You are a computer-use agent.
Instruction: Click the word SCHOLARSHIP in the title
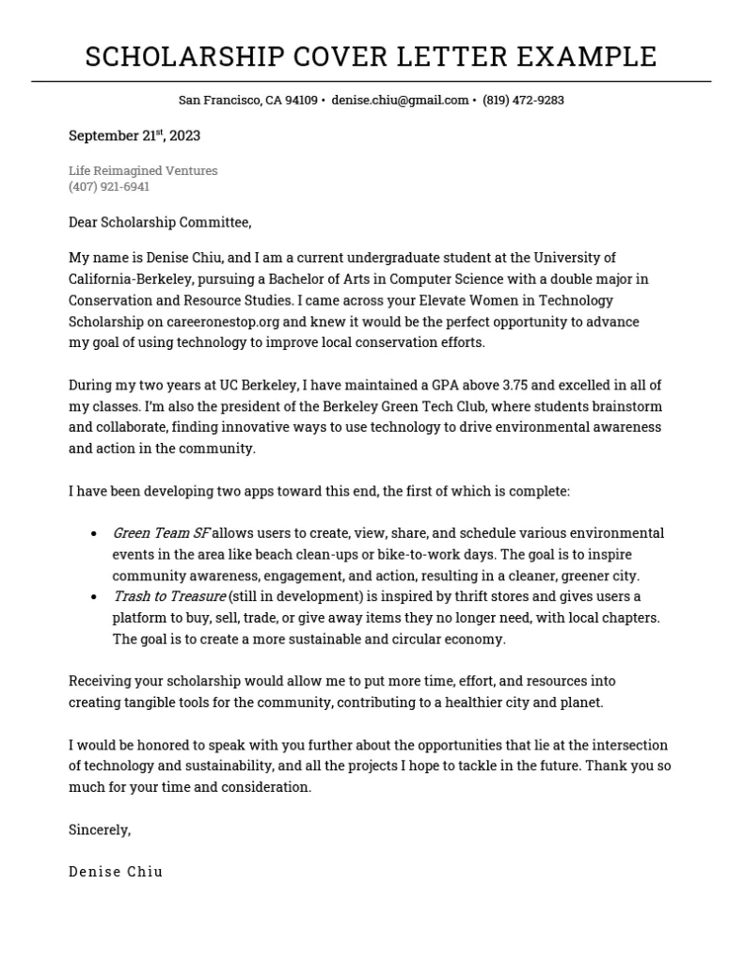point(183,56)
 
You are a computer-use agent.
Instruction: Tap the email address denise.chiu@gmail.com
point(400,101)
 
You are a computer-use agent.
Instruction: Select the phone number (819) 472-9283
point(523,101)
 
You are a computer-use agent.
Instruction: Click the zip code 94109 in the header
point(301,101)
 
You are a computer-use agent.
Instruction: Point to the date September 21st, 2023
point(135,136)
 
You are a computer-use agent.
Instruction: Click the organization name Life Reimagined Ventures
point(143,171)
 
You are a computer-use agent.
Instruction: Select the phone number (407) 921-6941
point(109,187)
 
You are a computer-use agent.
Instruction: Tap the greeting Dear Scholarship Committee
point(160,223)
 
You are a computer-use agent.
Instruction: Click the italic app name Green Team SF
point(161,533)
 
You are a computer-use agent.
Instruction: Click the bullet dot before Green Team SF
point(94,534)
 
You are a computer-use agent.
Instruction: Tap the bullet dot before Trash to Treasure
point(94,598)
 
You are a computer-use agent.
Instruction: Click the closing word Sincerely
point(99,830)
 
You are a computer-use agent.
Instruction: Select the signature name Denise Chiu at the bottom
point(116,872)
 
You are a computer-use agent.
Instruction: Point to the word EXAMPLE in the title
point(587,56)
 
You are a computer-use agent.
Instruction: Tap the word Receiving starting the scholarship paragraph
point(101,681)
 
